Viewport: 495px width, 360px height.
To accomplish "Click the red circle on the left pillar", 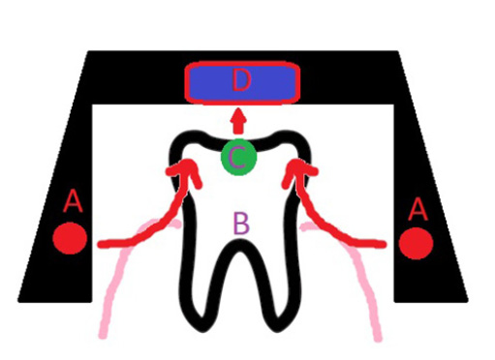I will pos(71,238).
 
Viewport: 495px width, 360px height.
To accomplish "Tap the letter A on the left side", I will pos(72,202).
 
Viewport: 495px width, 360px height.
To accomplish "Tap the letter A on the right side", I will pos(418,207).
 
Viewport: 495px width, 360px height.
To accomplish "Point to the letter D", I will pos(242,81).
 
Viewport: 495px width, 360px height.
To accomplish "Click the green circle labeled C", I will pos(238,156).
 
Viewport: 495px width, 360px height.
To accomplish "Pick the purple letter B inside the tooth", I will pos(241,224).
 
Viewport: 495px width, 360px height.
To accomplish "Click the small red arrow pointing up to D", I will pos(238,121).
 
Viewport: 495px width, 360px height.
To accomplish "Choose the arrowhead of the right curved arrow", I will pos(296,171).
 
